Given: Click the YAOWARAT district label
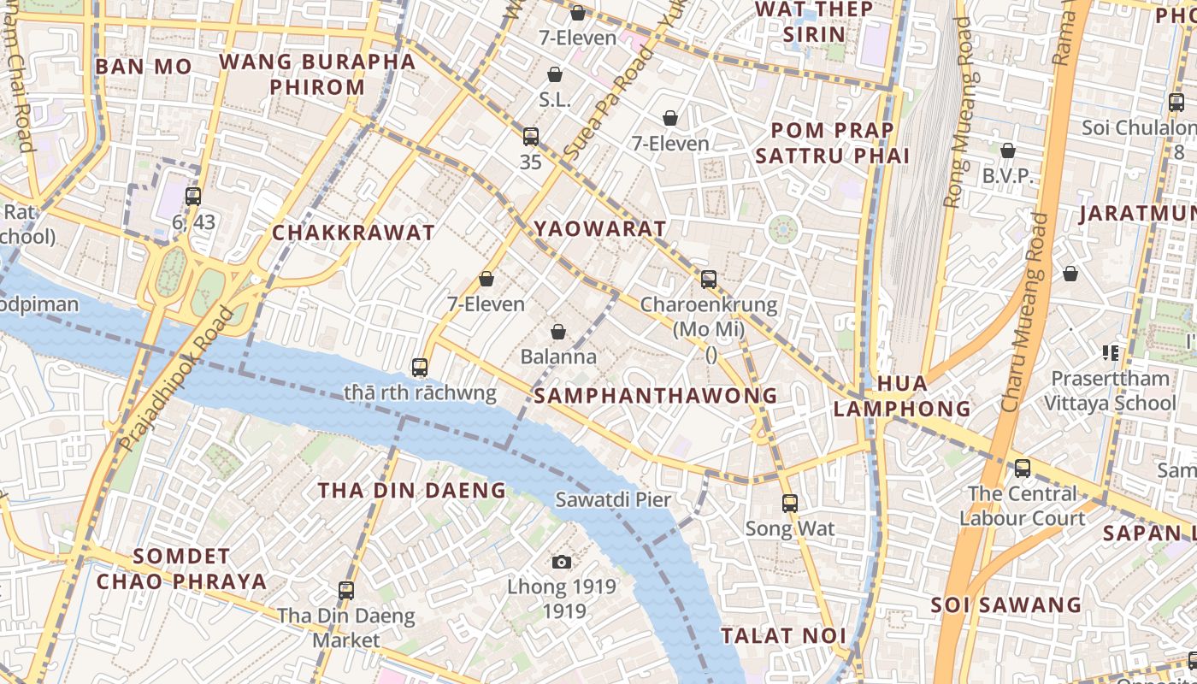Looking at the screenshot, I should pos(599,229).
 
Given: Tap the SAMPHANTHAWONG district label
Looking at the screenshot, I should pos(656,396).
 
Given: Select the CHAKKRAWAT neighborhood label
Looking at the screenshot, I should pos(353,233).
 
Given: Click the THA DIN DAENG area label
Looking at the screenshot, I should pos(412,491).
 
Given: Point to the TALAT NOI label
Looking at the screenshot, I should pos(783,636).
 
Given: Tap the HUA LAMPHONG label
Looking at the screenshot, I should pos(902,396).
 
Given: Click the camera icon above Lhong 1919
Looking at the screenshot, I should pos(561,562).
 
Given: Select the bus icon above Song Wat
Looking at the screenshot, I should pos(790,504).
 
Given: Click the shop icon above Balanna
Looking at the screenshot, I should pos(558,332).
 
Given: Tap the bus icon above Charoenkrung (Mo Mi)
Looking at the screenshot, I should pos(709,279).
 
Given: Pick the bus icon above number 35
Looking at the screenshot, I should pos(531,137).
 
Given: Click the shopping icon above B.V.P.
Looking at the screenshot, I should pos(1008,150).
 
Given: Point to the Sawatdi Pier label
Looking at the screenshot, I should pos(613,500).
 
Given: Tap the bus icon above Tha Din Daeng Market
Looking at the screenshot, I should pos(346,590).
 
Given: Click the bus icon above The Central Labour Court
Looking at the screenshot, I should pos(1023,469).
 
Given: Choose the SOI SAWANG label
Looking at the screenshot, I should pos(1005,605).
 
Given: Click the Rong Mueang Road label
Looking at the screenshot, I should pos(958,113).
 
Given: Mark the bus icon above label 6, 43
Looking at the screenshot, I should pos(193,196).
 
